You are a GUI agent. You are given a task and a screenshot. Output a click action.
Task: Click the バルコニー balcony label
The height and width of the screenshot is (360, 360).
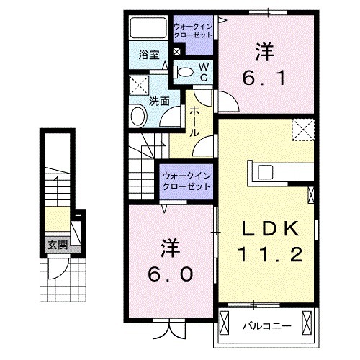point(266,326)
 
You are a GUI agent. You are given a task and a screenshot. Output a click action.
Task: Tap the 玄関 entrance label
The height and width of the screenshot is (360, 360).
point(58,244)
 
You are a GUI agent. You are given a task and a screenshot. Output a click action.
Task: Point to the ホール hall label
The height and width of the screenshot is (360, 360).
point(194,122)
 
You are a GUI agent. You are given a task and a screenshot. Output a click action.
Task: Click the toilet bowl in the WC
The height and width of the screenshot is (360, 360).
point(184,71)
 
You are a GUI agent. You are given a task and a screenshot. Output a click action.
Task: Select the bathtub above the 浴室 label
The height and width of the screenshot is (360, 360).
point(148,30)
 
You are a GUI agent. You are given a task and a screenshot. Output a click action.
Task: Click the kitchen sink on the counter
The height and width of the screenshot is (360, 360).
point(264,172)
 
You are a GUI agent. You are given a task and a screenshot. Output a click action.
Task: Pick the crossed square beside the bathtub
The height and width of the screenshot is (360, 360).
point(177,52)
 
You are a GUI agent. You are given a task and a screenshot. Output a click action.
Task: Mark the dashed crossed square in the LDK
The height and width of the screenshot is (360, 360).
point(302,130)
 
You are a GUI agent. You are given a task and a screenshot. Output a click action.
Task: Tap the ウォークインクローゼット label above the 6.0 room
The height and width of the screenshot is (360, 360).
point(186,181)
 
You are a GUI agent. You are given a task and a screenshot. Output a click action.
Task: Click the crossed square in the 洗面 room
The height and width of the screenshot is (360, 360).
point(138,84)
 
